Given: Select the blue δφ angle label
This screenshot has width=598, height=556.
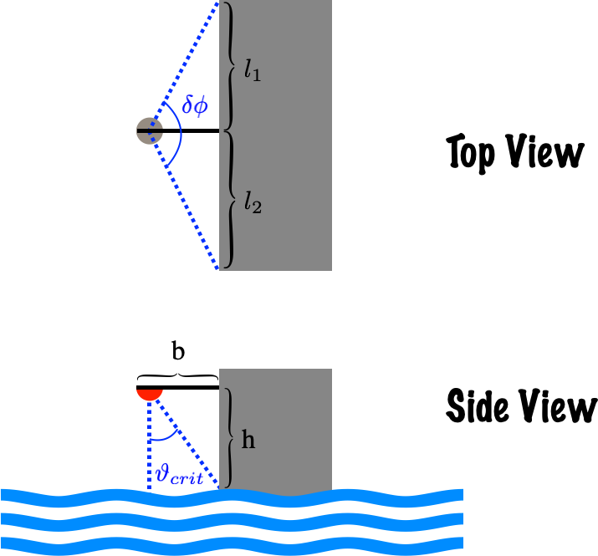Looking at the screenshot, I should click(x=195, y=106).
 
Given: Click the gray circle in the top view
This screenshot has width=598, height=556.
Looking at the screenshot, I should click(x=147, y=131).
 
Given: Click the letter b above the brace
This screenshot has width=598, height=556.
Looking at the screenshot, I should click(x=178, y=352).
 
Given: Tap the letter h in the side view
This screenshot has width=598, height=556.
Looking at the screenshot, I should click(x=248, y=440).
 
